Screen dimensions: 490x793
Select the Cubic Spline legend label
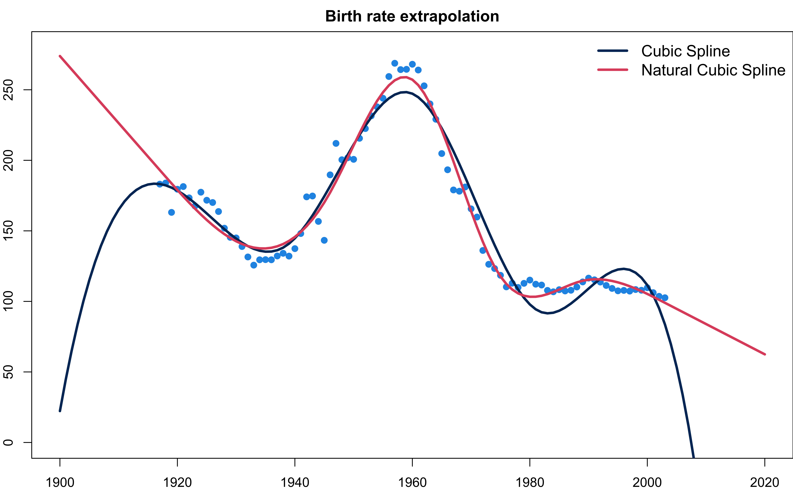685,51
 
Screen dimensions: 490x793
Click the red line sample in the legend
613,70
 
